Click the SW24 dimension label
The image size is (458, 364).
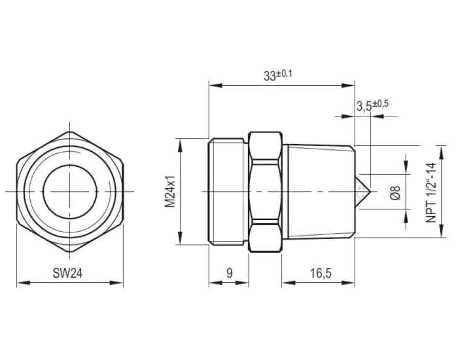point(67,274)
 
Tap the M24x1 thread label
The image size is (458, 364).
point(169,191)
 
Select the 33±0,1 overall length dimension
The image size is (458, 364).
point(277,75)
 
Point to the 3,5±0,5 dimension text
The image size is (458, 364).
point(372,105)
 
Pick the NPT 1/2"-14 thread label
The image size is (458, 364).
point(431,192)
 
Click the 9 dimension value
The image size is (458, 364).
point(230,274)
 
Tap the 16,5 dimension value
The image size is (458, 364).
point(321,274)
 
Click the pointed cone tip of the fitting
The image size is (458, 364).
point(370,192)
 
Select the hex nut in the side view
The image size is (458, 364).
point(265,192)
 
